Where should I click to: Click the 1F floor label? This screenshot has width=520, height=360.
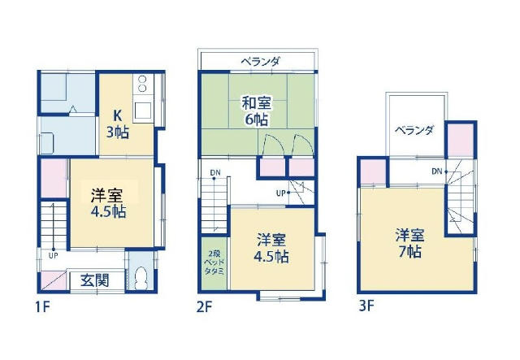42,306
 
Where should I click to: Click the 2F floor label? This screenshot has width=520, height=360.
204,306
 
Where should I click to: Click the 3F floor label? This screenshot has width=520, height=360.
366,306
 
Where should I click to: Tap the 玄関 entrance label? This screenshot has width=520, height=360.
95,281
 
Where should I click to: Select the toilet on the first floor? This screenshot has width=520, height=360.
141,278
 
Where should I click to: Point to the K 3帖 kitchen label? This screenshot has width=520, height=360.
118,124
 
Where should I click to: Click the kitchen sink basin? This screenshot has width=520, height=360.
143,111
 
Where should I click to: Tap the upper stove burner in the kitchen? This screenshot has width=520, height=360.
142,80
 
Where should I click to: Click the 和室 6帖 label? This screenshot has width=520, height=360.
257,111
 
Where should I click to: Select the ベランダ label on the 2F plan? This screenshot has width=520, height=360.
260,62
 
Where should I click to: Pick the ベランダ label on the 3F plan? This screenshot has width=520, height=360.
414,130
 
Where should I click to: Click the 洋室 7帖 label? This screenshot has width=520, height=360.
409,243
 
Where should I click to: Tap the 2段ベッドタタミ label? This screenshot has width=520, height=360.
214,262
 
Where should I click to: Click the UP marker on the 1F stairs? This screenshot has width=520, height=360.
53,255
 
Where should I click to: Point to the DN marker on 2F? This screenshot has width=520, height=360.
214,172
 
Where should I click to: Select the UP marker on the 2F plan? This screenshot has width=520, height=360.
280,193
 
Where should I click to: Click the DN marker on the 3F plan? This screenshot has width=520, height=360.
437,171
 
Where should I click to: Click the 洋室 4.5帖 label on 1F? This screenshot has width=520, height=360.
108,203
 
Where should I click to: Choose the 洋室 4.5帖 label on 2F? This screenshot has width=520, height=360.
271,249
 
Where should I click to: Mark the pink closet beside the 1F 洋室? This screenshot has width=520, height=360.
54,178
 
